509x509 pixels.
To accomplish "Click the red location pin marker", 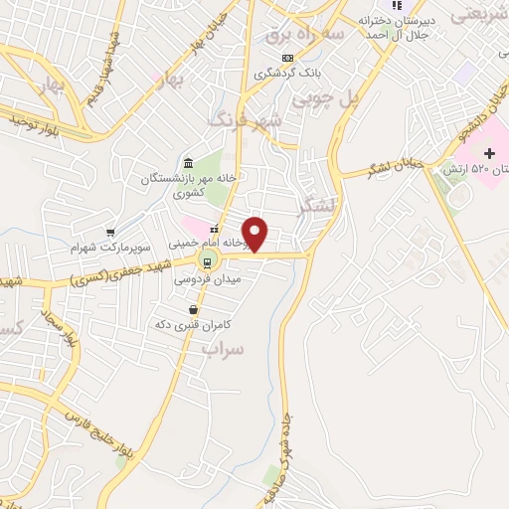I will [x=255, y=234].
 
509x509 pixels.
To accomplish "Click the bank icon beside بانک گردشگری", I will [x=287, y=58].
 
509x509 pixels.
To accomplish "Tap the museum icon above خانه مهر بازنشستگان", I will [x=188, y=163].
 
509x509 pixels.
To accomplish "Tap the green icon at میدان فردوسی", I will [x=207, y=262].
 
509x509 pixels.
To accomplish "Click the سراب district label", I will [x=223, y=348].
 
